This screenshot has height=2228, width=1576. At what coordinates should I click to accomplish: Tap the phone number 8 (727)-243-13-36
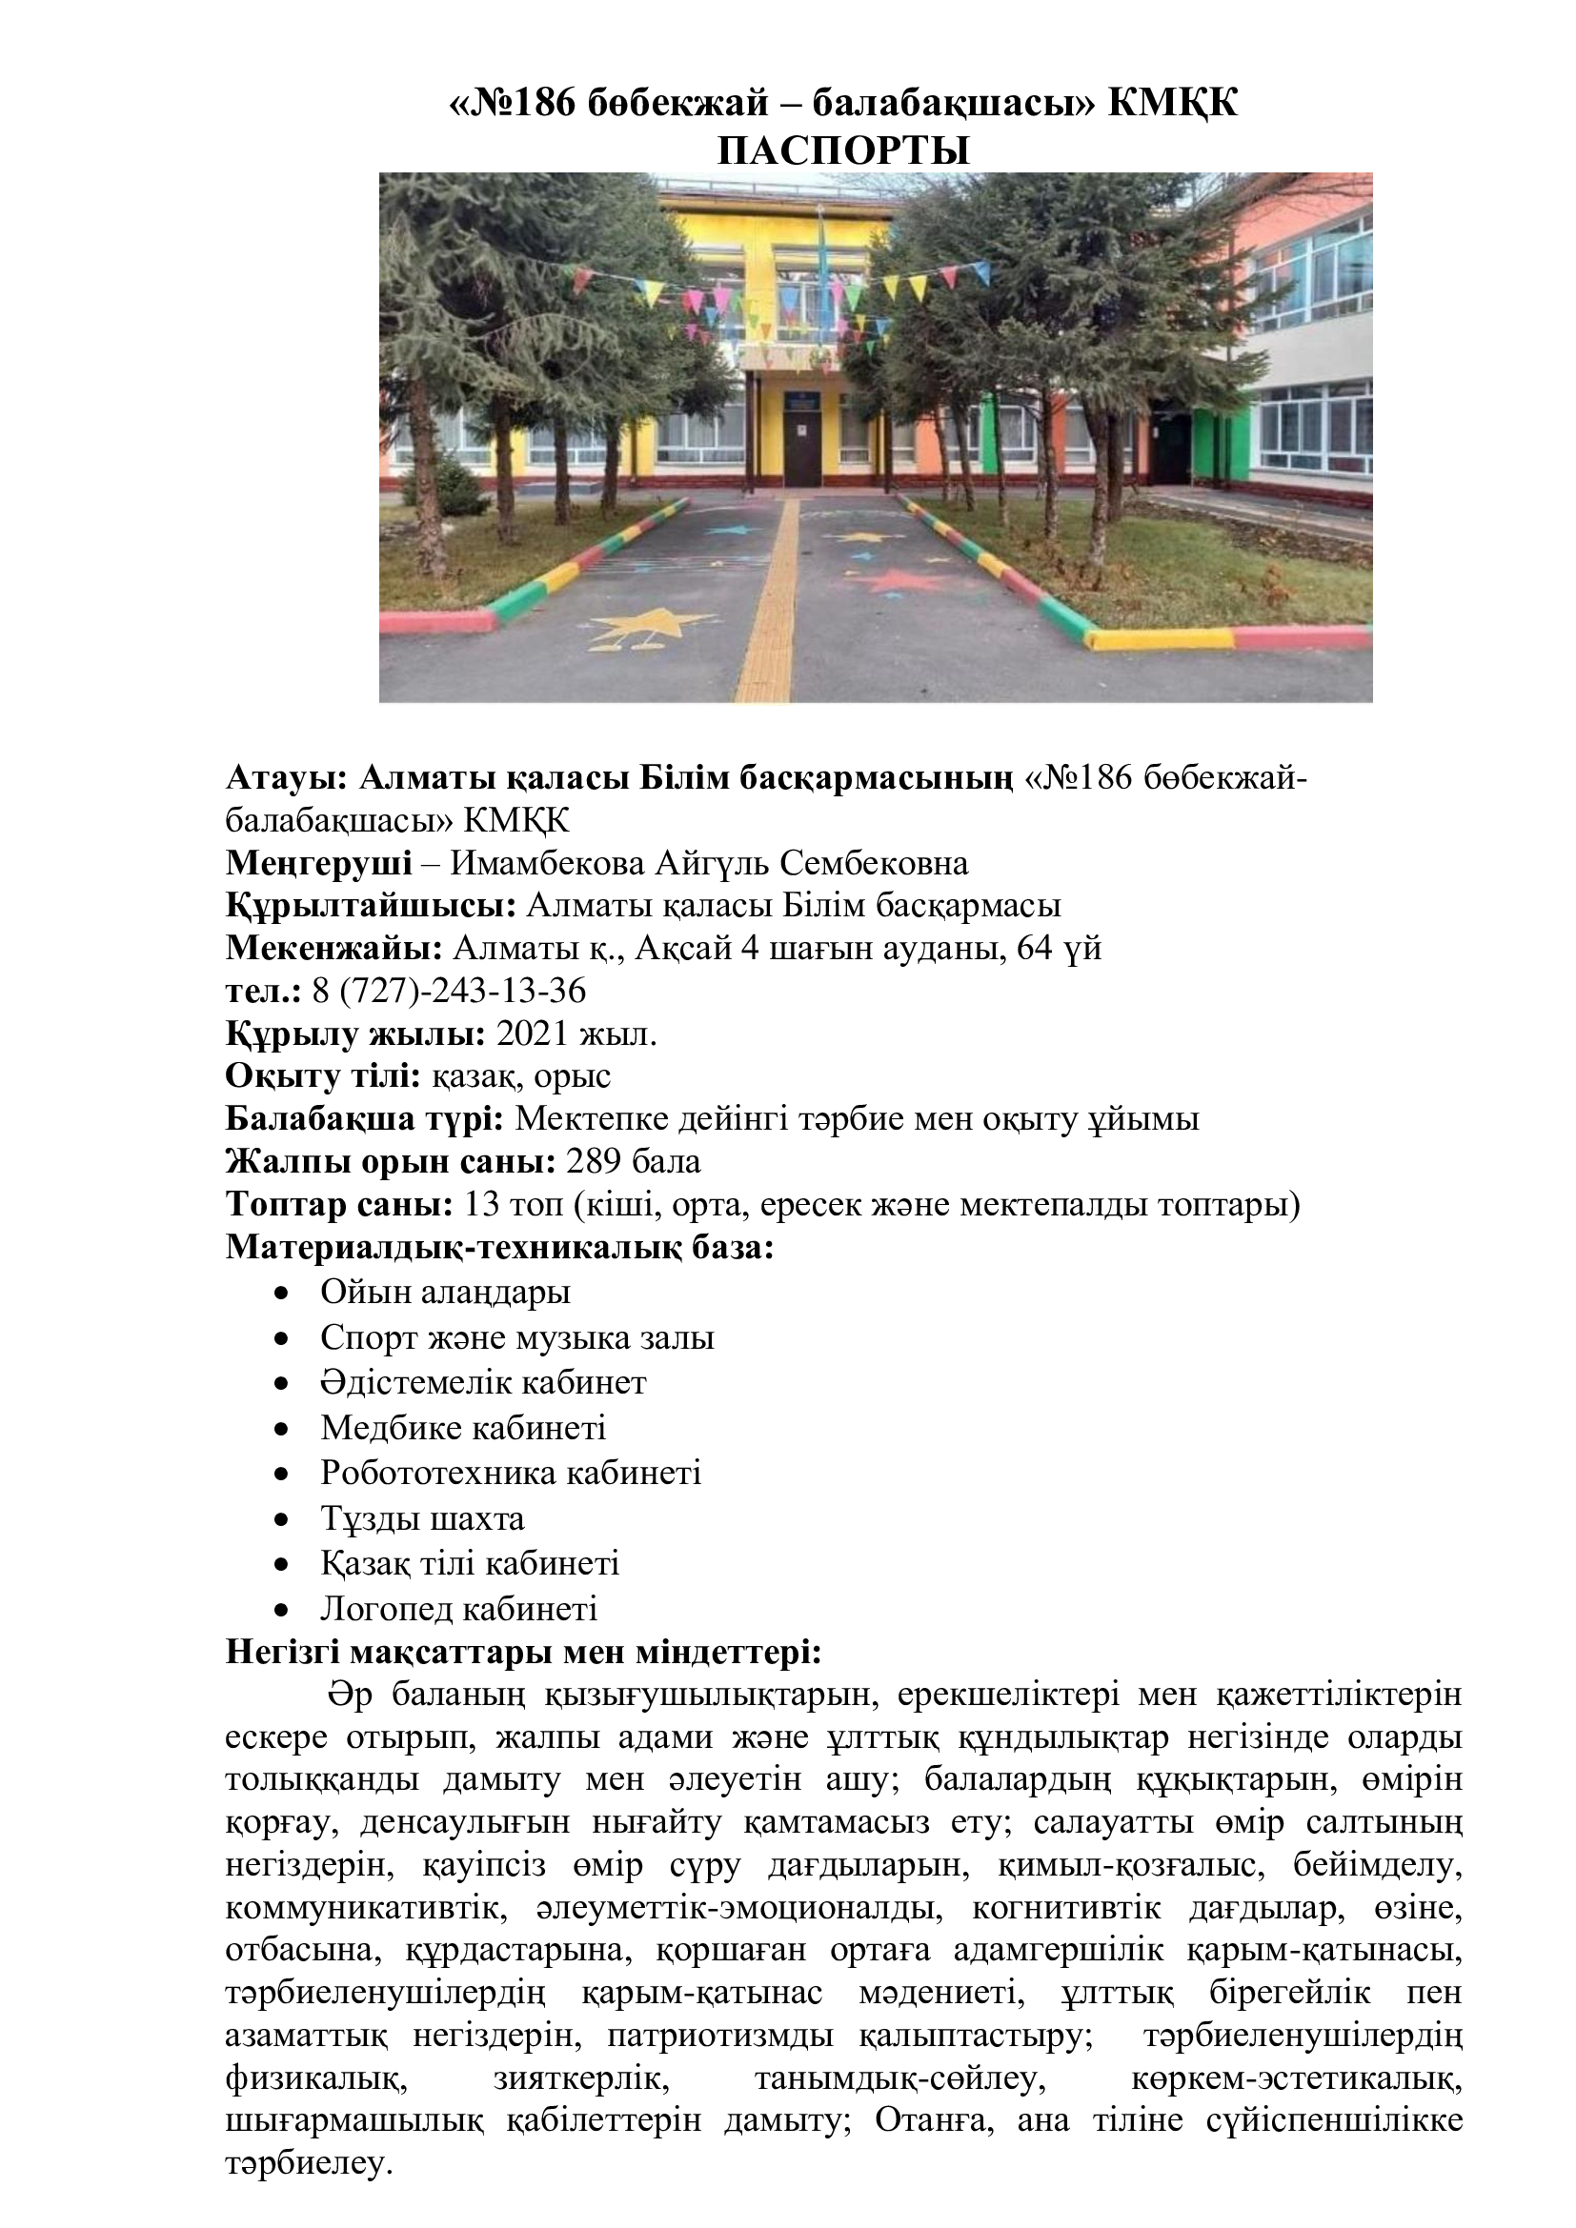point(449,991)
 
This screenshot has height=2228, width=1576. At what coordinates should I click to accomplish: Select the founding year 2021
point(531,1034)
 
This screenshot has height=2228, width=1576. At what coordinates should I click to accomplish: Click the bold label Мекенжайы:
point(334,948)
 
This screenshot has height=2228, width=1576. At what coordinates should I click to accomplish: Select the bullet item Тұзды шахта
point(422,1518)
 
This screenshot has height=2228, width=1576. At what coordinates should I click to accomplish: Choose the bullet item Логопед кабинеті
point(458,1609)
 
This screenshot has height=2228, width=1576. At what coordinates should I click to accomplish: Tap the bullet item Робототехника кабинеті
point(511,1473)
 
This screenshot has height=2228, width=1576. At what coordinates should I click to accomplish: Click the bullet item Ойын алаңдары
point(445,1293)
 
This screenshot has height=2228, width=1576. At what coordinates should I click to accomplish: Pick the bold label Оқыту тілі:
point(323,1076)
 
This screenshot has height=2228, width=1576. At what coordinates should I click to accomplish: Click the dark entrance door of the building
point(802,447)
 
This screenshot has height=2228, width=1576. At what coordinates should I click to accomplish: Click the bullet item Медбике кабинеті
point(463,1429)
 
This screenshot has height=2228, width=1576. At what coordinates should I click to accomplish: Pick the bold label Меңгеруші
point(318,863)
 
